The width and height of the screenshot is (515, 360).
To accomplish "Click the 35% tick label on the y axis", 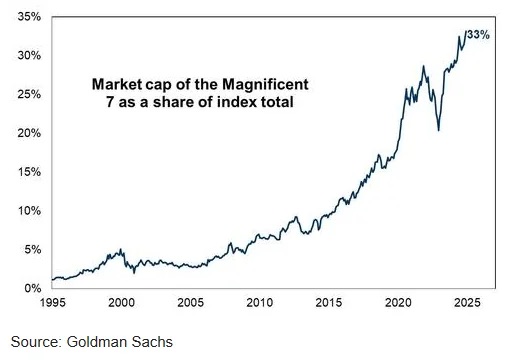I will point(28,17).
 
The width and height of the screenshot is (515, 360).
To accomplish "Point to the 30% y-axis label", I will point(28,56).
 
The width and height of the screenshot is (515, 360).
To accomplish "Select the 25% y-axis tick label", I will point(28,95).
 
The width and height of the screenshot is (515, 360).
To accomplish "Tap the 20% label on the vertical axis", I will point(28,133).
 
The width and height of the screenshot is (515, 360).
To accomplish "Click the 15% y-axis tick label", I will point(28,172).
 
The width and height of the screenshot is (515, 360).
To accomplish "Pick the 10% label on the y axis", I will point(28,211).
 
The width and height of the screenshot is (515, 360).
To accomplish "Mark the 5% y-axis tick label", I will point(31,250).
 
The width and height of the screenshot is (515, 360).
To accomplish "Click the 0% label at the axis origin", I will point(31,289).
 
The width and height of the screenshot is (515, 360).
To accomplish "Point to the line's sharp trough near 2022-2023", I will point(438,130).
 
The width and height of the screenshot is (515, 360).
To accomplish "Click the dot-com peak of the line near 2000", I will point(121,250).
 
